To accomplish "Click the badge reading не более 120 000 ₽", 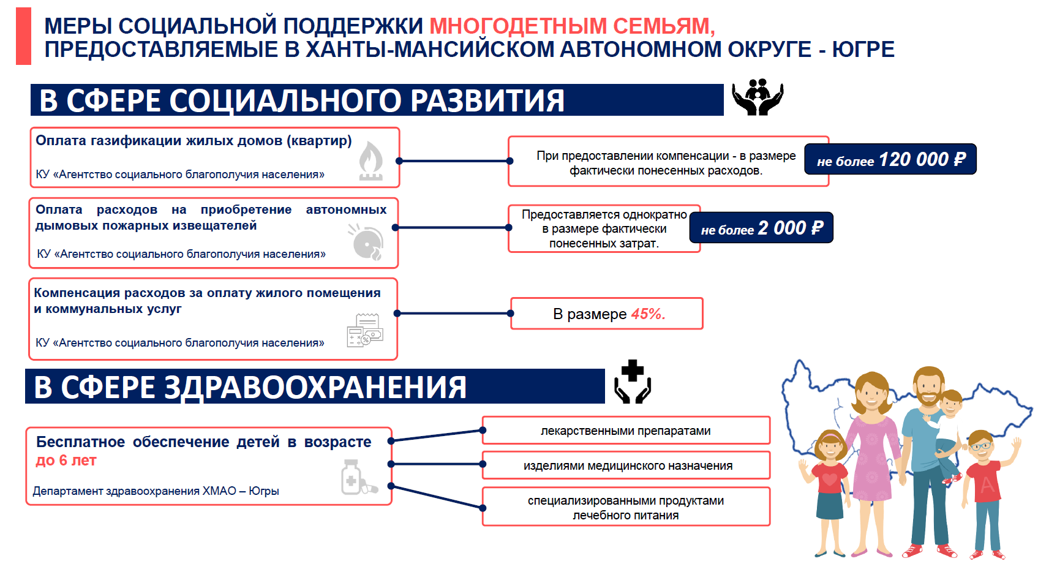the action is [x=890, y=159].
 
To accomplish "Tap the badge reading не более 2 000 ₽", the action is [x=761, y=228].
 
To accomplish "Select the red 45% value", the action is [x=649, y=314].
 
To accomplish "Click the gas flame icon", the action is [x=370, y=160].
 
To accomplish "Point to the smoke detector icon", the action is [x=366, y=242].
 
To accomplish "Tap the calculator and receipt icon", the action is [x=365, y=330].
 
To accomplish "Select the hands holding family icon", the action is [x=758, y=97].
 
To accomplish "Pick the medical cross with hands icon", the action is [x=633, y=382].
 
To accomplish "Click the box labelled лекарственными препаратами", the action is [x=626, y=430].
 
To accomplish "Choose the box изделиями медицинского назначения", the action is [x=626, y=465].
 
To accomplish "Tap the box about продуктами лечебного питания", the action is [x=626, y=507].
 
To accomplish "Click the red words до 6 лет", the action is [x=66, y=461].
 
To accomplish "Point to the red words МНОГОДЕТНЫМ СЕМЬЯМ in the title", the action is [x=573, y=26].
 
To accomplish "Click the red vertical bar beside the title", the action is [x=24, y=36].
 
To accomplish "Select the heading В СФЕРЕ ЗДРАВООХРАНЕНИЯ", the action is [x=250, y=387].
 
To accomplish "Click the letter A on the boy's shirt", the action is [x=987, y=485].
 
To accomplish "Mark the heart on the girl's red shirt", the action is [x=829, y=479].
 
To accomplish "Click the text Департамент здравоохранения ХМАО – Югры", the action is [x=156, y=491].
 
